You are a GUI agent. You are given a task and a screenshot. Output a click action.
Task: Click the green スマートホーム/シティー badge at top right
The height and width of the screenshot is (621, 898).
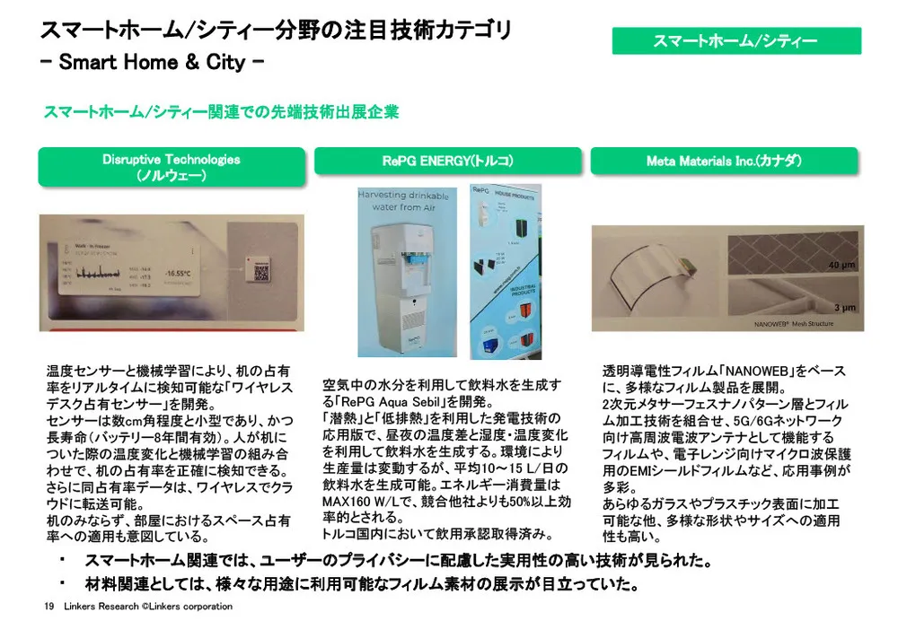[x=735, y=40]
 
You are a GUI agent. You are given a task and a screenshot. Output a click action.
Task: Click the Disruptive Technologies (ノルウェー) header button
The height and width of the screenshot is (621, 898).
[x=171, y=168]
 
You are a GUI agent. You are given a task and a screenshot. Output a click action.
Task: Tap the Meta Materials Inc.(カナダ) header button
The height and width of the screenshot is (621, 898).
[x=724, y=162]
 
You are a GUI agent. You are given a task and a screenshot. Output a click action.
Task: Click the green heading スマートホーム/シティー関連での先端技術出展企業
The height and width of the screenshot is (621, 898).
[x=221, y=112]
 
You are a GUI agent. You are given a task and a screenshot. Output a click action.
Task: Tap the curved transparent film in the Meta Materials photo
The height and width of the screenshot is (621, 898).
[x=647, y=269]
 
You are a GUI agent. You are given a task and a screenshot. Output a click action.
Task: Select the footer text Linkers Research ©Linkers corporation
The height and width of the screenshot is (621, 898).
[x=148, y=607]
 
